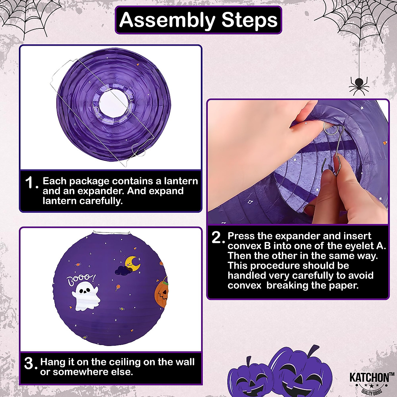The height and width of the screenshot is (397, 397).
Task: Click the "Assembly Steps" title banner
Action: point(198,20)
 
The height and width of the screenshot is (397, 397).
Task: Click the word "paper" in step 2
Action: point(344,285)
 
